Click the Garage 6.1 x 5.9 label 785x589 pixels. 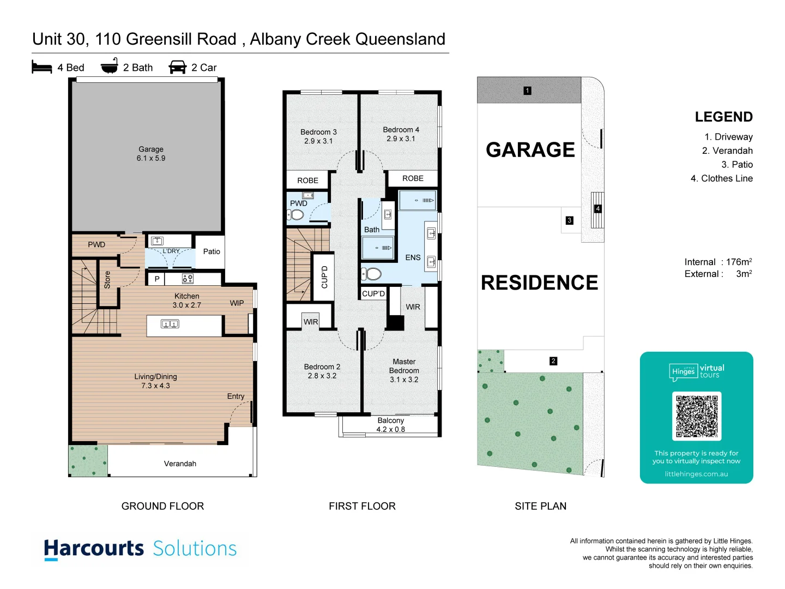151,154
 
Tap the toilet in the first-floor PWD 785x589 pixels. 296,215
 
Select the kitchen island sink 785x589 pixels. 170,324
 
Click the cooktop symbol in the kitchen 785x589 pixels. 188,279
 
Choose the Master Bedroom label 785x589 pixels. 404,370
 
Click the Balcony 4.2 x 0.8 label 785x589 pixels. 391,425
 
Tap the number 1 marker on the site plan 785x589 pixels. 527,91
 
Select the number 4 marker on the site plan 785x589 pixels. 597,209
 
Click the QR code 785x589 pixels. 697,416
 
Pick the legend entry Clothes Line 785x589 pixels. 722,178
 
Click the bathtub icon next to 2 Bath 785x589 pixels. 110,67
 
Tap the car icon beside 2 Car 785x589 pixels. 178,67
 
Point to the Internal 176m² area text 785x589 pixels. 718,262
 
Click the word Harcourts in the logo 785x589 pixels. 94,548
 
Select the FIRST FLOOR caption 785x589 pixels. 362,506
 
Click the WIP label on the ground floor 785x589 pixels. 237,303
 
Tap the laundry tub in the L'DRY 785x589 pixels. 158,241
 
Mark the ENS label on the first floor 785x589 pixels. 413,257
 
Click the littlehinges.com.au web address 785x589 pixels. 696,474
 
